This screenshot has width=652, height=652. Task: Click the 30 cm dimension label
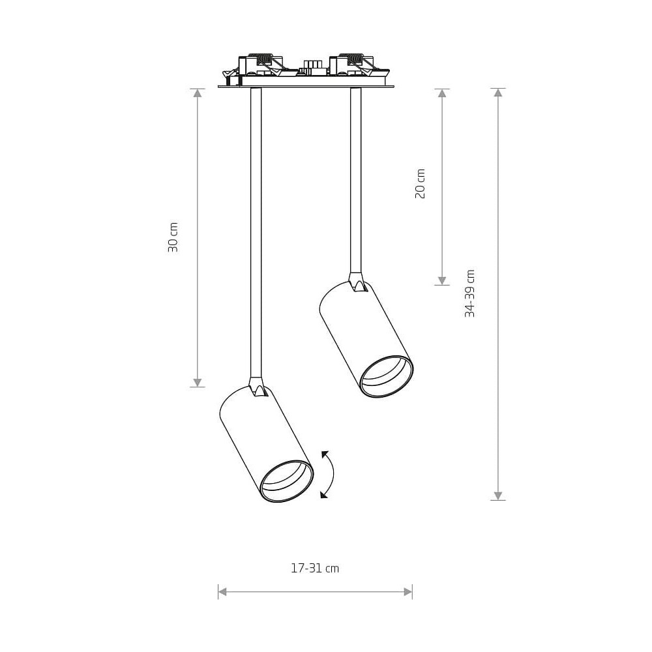click(x=173, y=237)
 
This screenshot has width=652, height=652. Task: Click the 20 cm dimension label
click(x=421, y=184)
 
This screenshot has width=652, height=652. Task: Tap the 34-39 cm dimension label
click(x=469, y=293)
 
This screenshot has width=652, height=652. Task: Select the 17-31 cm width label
click(x=315, y=569)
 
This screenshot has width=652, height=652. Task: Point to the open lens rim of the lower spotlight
click(x=286, y=481)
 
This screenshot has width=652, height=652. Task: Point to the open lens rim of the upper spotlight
click(x=386, y=376)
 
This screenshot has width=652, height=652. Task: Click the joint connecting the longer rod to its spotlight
click(x=256, y=387)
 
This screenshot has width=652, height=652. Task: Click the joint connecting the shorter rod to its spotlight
click(x=357, y=282)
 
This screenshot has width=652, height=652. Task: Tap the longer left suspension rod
click(x=256, y=233)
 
